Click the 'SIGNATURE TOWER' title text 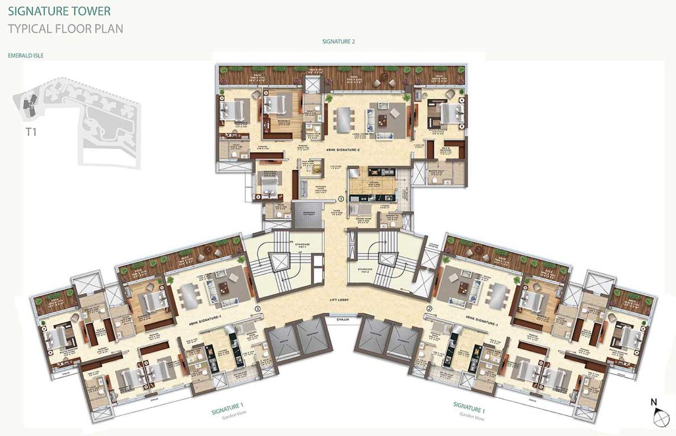click(x=59, y=11)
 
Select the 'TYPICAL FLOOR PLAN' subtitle click(x=65, y=28)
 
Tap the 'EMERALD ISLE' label click(x=26, y=56)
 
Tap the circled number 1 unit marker click(x=341, y=199)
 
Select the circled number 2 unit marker click(x=429, y=309)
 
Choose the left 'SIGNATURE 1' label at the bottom click(x=230, y=405)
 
